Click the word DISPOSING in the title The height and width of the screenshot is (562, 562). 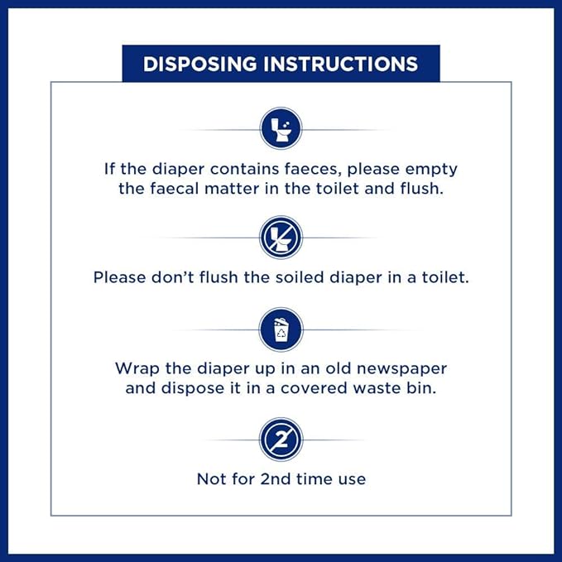(200, 64)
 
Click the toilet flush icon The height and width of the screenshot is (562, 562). (281, 128)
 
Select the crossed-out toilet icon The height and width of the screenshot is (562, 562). (281, 238)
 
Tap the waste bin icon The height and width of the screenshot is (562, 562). (281, 329)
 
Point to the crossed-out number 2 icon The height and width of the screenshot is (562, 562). (281, 440)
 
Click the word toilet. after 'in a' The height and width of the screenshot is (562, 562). (445, 277)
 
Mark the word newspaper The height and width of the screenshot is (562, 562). (401, 369)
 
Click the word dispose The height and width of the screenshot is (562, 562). (193, 388)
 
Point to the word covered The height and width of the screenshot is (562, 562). (314, 388)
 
